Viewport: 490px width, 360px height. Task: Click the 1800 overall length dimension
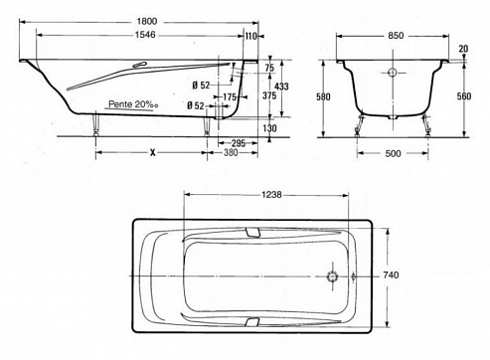[147, 22]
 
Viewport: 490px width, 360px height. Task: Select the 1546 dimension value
[145, 35]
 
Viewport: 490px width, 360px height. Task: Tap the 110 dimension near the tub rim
[251, 36]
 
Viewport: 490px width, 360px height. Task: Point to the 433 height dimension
[281, 87]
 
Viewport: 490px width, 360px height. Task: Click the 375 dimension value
[269, 95]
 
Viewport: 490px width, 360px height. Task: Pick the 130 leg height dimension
[269, 128]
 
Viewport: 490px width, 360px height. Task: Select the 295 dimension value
[239, 143]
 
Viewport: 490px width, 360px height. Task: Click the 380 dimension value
[231, 152]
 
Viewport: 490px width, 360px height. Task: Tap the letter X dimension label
[152, 153]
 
